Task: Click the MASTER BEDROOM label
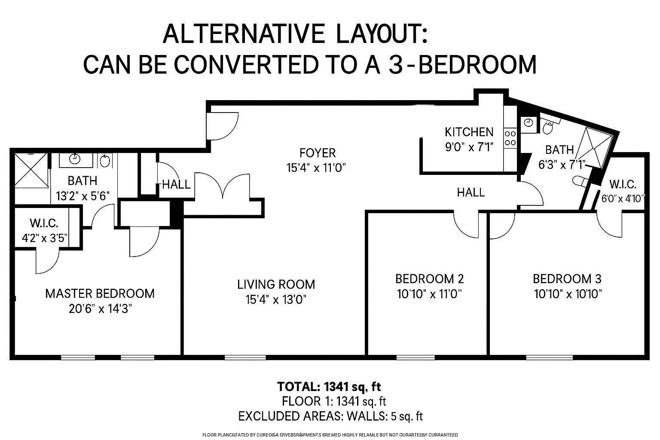click(100, 293)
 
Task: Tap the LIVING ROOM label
click(276, 284)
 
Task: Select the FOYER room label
click(318, 153)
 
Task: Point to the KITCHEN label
click(469, 132)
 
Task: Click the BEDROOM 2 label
click(429, 279)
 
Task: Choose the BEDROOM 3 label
click(567, 279)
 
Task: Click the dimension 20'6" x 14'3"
click(100, 309)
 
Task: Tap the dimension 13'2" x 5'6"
click(83, 196)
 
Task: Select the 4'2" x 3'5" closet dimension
click(45, 238)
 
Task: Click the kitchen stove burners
click(510, 137)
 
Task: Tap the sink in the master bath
click(75, 159)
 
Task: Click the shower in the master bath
click(32, 170)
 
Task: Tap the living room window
click(245, 357)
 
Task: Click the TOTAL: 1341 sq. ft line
click(329, 386)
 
